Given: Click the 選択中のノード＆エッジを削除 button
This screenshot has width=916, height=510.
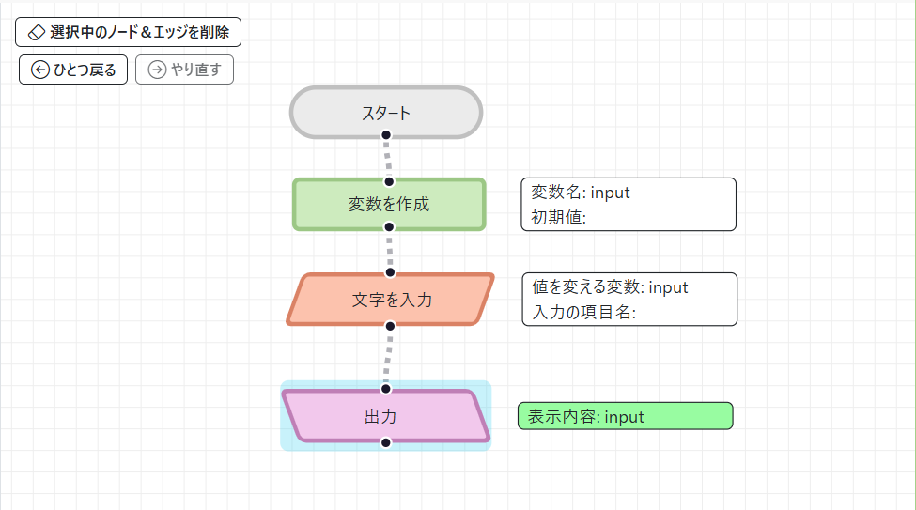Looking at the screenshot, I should [128, 32].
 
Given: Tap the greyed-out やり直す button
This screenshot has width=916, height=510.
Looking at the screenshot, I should [184, 70].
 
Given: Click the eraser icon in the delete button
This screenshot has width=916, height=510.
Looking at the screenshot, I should [37, 32].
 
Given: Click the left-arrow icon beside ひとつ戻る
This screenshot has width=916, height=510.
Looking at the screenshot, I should [40, 70].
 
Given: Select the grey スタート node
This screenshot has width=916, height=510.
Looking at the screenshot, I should [386, 113].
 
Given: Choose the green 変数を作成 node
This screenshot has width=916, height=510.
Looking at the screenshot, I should [389, 204].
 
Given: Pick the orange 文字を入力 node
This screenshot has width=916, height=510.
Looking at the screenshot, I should [391, 300].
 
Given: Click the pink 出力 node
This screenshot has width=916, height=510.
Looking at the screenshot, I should [385, 415].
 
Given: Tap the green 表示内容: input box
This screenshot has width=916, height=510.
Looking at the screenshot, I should [625, 416].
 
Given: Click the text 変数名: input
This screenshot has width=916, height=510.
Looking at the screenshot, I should [581, 193].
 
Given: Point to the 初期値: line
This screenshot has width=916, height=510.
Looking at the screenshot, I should [559, 218].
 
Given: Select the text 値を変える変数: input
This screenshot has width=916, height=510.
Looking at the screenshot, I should [610, 287].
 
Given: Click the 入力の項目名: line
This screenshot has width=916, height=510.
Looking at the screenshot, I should [583, 313].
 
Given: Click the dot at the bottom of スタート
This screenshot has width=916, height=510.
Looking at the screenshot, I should [386, 135].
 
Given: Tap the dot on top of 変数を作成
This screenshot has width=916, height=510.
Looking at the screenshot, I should [389, 181].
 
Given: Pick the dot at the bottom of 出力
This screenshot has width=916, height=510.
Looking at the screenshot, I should [385, 442].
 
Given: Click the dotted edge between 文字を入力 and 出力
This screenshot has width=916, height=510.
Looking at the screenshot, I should [387, 357].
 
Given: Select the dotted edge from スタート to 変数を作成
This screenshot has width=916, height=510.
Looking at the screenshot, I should [387, 158].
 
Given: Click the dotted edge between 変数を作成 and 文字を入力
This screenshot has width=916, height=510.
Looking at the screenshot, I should [390, 250].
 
